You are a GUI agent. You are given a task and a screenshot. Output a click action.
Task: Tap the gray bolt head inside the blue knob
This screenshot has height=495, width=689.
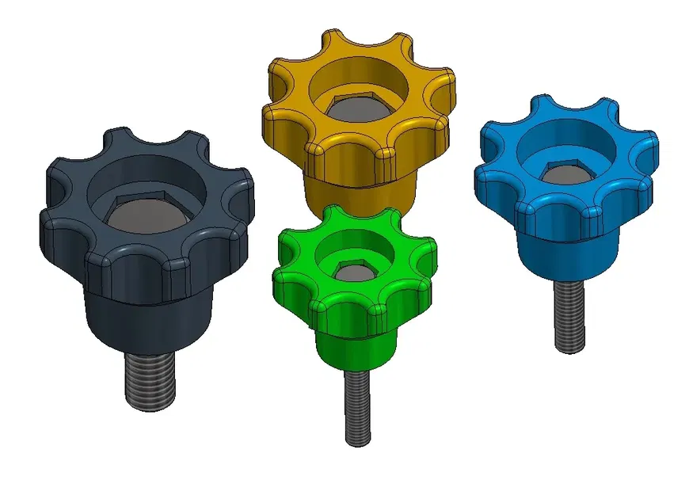click(564, 177)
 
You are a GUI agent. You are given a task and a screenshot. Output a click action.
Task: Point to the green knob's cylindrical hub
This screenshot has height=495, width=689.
click(356, 348)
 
